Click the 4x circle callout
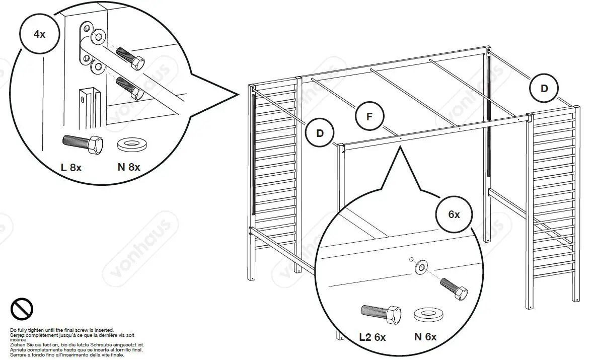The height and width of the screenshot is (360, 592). pyautogui.click(x=39, y=35)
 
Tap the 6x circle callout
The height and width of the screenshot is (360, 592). pyautogui.click(x=454, y=214)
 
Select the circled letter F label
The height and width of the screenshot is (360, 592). pyautogui.click(x=369, y=117)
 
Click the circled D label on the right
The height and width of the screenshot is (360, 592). pyautogui.click(x=544, y=89)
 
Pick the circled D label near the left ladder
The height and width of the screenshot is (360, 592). pyautogui.click(x=320, y=133)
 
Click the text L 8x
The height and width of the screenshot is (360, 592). pyautogui.click(x=71, y=167)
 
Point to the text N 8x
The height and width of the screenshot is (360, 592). pyautogui.click(x=129, y=167)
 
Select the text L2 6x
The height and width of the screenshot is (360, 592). pyautogui.click(x=373, y=337)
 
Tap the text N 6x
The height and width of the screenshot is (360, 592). pyautogui.click(x=425, y=337)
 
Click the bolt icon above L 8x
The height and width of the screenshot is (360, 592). pyautogui.click(x=83, y=143)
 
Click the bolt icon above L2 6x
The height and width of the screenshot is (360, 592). pyautogui.click(x=381, y=314)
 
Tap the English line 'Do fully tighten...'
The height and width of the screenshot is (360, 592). pyautogui.click(x=62, y=330)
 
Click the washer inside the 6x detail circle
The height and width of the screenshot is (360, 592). pyautogui.click(x=420, y=267)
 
